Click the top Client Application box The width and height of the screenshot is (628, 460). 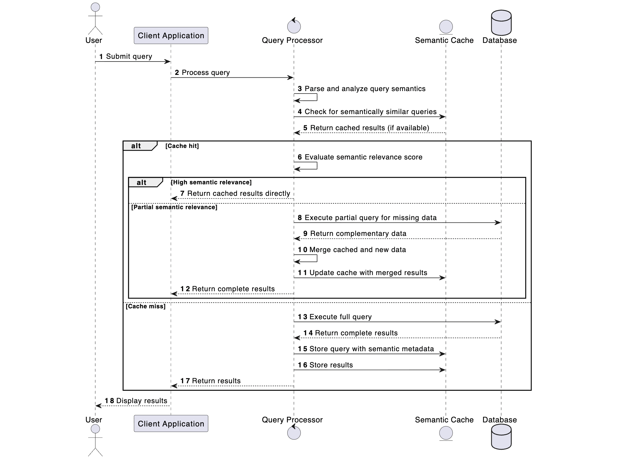click(171, 35)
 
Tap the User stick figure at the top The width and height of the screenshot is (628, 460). click(95, 19)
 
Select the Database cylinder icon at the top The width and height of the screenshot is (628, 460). click(501, 23)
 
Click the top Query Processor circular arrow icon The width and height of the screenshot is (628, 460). click(294, 26)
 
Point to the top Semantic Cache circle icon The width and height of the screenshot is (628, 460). click(446, 27)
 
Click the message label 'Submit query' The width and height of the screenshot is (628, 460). click(129, 56)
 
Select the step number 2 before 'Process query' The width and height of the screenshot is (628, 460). click(177, 72)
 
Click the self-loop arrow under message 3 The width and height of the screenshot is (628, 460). click(311, 97)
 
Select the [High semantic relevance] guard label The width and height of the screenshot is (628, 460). click(211, 182)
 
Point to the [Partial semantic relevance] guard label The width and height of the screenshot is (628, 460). click(174, 207)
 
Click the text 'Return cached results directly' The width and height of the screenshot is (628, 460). click(238, 193)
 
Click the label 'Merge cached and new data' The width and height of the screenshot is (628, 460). click(357, 250)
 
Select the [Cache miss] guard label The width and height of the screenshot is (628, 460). click(145, 306)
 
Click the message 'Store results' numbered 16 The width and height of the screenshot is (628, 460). click(331, 365)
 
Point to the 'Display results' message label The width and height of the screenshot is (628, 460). click(141, 401)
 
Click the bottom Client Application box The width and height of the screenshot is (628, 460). click(171, 423)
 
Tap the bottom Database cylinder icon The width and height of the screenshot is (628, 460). click(501, 436)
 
